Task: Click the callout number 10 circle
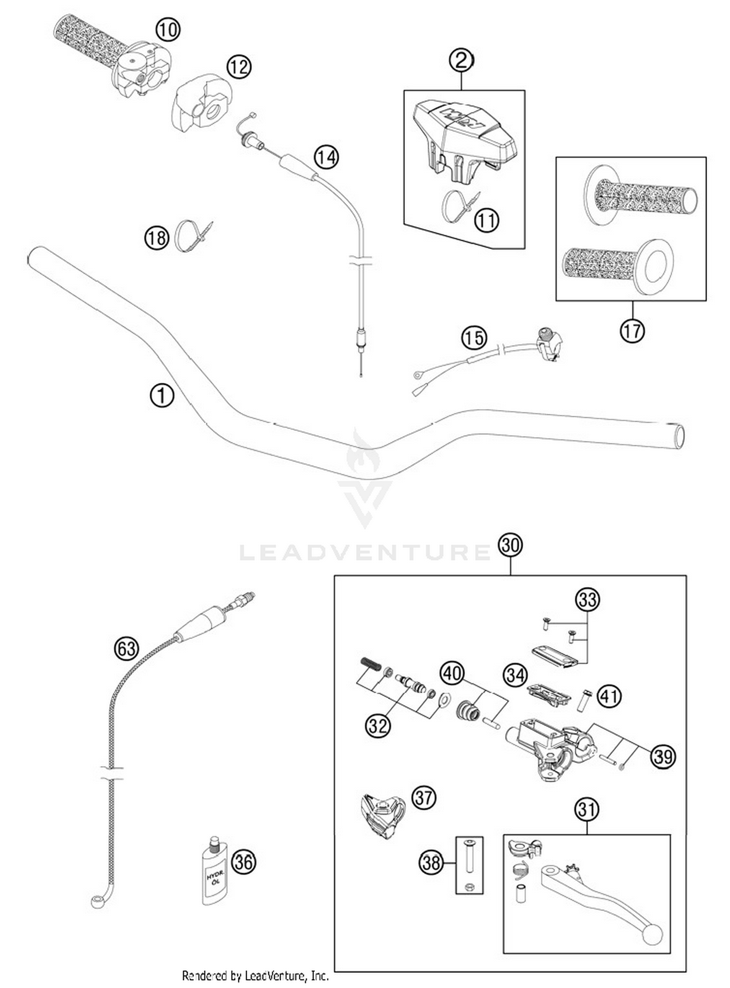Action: coord(167,30)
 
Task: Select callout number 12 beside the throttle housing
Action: coord(238,67)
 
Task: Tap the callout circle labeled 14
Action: coord(326,157)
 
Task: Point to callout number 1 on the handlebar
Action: coord(162,395)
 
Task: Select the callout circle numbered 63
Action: coord(127,648)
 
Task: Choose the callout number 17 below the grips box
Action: coord(632,331)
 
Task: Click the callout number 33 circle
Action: coord(587,599)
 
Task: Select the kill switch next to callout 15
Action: coord(548,344)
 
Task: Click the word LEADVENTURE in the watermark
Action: coord(365,553)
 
